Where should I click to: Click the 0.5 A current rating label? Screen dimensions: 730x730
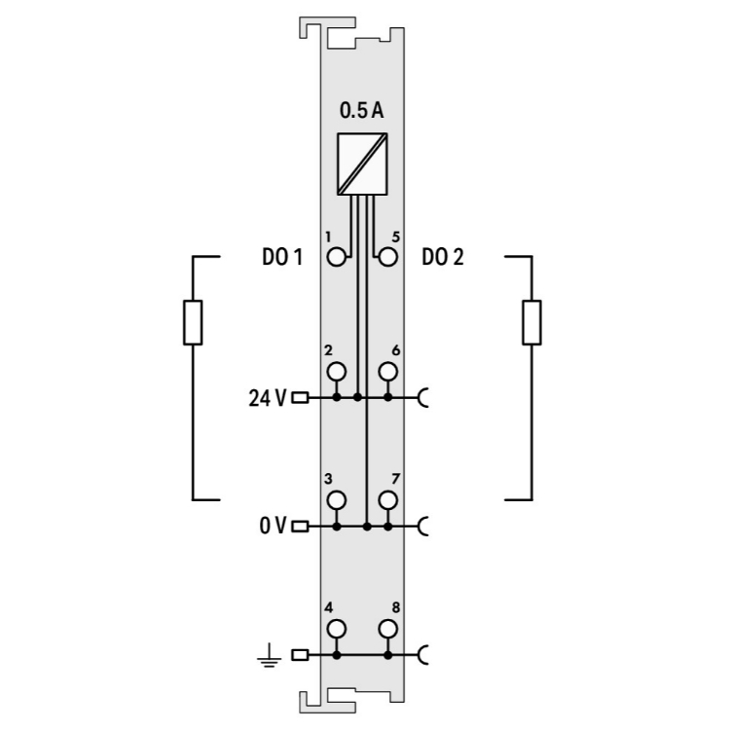click(362, 111)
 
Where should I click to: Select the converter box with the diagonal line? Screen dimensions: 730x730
click(362, 164)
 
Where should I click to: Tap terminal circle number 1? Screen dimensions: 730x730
click(337, 257)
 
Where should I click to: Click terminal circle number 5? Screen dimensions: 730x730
click(387, 257)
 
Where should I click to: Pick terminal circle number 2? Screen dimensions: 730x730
click(337, 372)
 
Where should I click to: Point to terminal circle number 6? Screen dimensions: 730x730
click(387, 372)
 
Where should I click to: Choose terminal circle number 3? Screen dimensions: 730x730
click(337, 500)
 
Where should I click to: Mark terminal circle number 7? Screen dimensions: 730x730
click(387, 500)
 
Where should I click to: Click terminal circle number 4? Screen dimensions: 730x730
click(337, 629)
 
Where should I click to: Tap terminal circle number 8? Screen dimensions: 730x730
click(387, 629)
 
